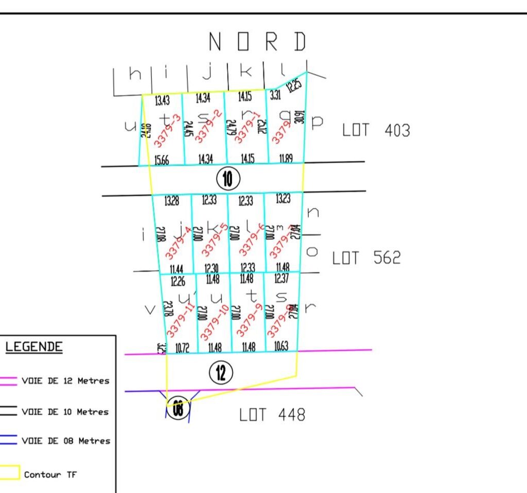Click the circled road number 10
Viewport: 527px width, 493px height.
(228, 179)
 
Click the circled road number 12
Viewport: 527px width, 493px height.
(221, 372)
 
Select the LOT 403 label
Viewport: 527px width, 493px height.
(376, 130)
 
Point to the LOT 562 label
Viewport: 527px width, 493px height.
(366, 258)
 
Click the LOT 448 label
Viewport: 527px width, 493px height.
(272, 415)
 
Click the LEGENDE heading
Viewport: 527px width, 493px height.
(34, 347)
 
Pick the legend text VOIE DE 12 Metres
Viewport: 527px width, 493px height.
(65, 381)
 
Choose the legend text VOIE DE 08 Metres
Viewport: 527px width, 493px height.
(65, 441)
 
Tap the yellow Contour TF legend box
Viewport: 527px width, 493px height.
(10, 472)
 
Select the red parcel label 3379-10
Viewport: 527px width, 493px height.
(215, 322)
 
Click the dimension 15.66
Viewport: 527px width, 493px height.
(162, 161)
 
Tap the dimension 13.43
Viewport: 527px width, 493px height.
(162, 100)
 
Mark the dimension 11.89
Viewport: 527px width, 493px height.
(286, 159)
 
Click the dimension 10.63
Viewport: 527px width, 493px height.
(281, 347)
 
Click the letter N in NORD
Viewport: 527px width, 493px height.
(215, 42)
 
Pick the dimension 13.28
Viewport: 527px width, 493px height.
(171, 201)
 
